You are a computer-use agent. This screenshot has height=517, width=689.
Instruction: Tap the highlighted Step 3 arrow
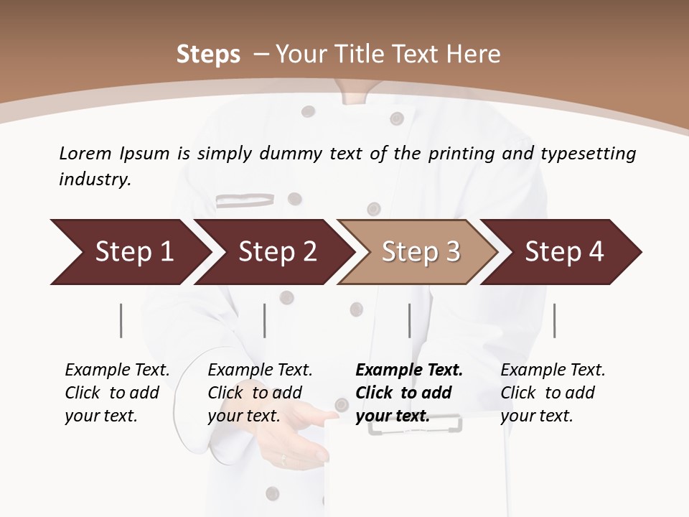(421, 252)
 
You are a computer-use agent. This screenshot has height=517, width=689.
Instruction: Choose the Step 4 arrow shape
(564, 252)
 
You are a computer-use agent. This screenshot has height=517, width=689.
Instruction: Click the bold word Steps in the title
(208, 55)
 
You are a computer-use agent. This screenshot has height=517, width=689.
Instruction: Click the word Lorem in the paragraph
(85, 153)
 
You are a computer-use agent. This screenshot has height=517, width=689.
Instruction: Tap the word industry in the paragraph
(94, 180)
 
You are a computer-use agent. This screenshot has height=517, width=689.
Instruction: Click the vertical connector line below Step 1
(121, 320)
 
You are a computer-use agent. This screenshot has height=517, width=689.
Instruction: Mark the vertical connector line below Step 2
(265, 320)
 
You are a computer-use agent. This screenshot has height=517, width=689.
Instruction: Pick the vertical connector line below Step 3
(409, 320)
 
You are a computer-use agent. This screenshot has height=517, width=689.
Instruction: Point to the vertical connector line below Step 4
(554, 320)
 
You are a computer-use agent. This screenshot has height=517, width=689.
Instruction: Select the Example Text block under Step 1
(117, 393)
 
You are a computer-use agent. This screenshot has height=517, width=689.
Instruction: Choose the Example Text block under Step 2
(260, 393)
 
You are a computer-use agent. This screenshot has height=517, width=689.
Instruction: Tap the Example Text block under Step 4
(553, 393)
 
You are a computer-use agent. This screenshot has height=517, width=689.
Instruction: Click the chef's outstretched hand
(301, 431)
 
